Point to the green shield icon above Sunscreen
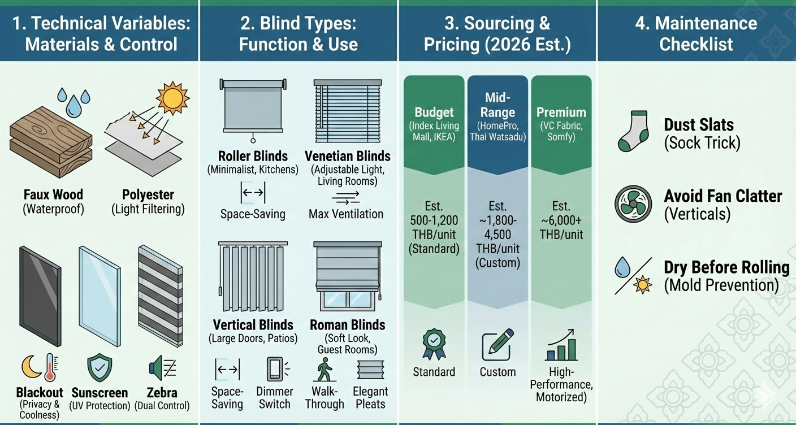pos(99,368)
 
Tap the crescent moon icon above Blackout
pos(32,367)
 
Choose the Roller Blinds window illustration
pos(252,110)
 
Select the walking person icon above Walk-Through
pos(324,370)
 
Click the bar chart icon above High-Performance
pos(561,345)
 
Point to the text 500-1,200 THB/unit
pos(434,227)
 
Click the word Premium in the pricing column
pos(561,112)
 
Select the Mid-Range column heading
pos(497,105)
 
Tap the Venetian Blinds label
pos(347,156)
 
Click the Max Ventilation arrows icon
pos(345,197)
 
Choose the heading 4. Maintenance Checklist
pos(696,33)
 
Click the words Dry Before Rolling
pos(726,267)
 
